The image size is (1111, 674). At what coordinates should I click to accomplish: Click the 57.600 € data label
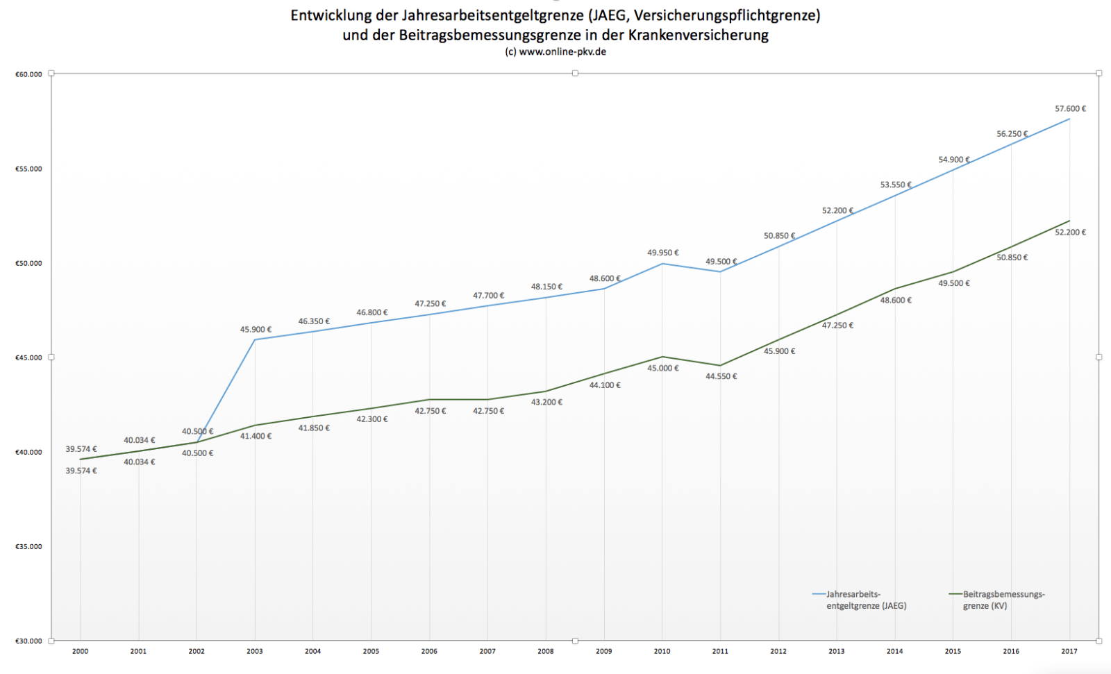[x=1070, y=109]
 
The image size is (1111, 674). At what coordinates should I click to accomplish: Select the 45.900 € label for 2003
[x=256, y=330]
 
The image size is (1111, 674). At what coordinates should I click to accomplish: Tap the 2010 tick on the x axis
[x=662, y=651]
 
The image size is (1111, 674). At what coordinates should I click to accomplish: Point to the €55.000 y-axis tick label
[x=28, y=169]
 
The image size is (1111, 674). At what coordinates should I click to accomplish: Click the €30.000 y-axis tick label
[x=28, y=641]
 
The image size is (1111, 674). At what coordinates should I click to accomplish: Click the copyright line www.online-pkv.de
[x=555, y=52]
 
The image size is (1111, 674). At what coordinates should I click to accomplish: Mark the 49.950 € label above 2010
[x=663, y=253]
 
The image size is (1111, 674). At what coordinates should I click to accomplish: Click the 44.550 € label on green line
[x=721, y=376]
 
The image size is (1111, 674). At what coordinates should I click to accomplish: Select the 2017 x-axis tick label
[x=1069, y=651]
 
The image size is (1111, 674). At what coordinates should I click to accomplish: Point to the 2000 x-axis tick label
[x=81, y=651]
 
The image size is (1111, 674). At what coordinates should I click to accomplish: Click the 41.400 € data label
[x=256, y=436]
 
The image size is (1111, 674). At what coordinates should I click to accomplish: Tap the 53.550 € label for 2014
[x=896, y=185]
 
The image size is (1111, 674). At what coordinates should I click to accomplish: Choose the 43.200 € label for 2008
[x=546, y=402]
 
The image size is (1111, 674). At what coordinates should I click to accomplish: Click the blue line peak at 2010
[x=662, y=264]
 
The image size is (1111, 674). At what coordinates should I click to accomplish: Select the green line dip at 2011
[x=720, y=365]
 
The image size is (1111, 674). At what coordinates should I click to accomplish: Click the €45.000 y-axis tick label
[x=28, y=357]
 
